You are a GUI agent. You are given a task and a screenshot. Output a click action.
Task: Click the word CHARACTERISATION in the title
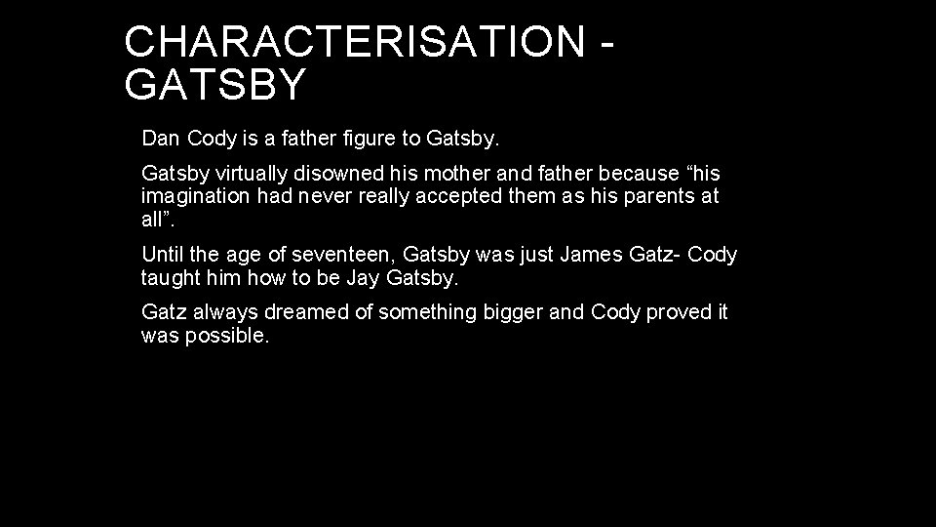pos(354,41)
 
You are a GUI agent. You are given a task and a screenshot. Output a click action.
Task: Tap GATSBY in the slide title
pos(215,85)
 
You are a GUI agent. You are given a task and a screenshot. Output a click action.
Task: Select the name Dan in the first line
pos(161,139)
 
